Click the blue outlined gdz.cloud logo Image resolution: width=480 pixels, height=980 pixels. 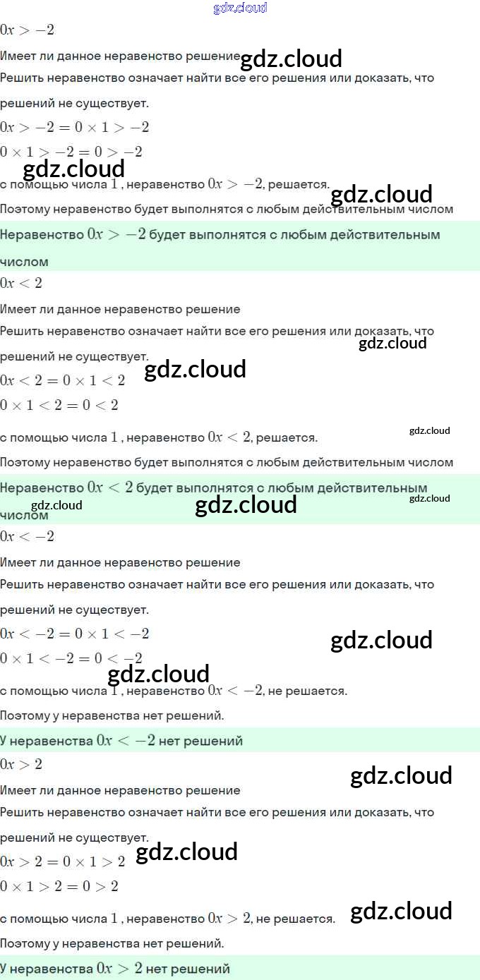[x=240, y=8]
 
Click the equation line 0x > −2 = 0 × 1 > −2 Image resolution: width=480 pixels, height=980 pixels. [x=74, y=128]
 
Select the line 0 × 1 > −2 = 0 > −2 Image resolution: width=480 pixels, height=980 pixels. [x=71, y=152]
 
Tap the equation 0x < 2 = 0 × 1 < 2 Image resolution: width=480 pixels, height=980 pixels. [x=63, y=381]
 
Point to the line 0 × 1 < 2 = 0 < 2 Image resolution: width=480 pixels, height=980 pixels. [x=59, y=405]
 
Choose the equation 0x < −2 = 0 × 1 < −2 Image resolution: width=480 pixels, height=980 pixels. [x=74, y=634]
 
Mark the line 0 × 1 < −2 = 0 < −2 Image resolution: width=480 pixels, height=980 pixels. [x=71, y=658]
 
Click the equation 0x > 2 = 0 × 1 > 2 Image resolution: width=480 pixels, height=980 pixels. [x=63, y=862]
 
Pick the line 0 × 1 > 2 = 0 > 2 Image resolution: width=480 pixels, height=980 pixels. [x=59, y=886]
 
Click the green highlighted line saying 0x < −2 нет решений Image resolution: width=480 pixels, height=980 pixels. [x=121, y=741]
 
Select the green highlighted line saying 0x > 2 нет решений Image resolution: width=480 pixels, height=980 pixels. [x=115, y=969]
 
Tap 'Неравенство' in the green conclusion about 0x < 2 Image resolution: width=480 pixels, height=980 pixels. [x=42, y=488]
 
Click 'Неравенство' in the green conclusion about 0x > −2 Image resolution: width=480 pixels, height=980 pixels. [x=42, y=234]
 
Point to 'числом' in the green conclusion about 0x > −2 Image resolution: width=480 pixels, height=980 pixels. [x=25, y=262]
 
